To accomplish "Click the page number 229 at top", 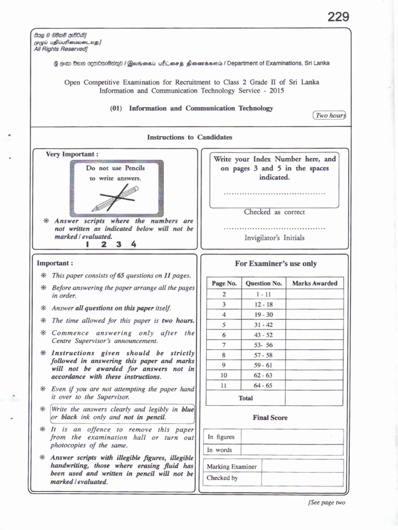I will (338, 17).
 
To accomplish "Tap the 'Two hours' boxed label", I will (330, 115).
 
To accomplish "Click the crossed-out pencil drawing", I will (116, 199).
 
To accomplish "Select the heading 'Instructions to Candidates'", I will (190, 137).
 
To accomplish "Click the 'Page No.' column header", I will (224, 283).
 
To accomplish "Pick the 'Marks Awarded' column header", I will (315, 283).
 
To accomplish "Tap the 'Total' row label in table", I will (246, 398).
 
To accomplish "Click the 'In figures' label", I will (221, 437).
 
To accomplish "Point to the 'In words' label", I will (220, 450).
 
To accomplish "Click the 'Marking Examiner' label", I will (232, 466).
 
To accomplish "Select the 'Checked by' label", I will (222, 478).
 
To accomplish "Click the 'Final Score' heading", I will (270, 418).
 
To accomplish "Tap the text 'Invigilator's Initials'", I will (274, 238).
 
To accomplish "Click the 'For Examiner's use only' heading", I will (276, 263).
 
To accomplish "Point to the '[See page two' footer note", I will (326, 503).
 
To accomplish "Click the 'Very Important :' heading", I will (72, 154).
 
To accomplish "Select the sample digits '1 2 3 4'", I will (111, 244).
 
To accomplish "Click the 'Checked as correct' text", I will (274, 212).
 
